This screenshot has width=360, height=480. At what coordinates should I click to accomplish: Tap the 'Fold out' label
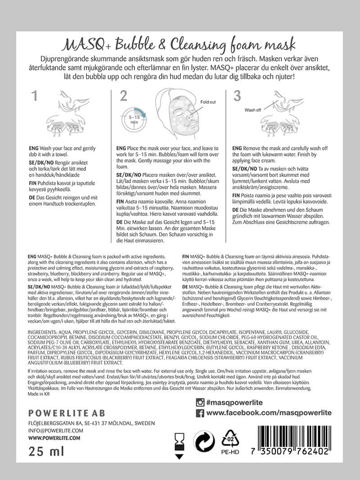(208, 102)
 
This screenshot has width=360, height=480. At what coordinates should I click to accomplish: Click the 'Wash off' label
(253, 109)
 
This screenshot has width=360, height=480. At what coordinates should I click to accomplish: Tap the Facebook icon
(200, 413)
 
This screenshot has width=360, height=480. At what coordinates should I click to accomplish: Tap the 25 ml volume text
(46, 451)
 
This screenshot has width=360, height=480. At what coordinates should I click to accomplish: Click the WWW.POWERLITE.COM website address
(54, 437)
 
